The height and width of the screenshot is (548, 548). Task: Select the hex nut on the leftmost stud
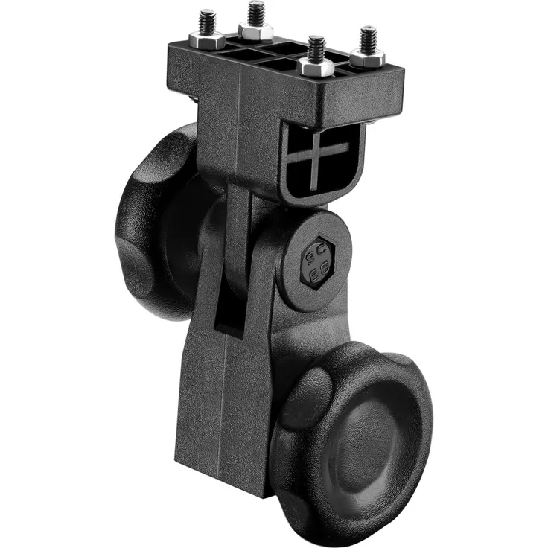pos(207,39)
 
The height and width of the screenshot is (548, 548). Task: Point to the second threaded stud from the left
pos(256,13)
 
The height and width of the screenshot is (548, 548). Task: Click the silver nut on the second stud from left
pos(255,31)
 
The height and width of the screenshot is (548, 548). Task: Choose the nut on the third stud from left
pos(316,67)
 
